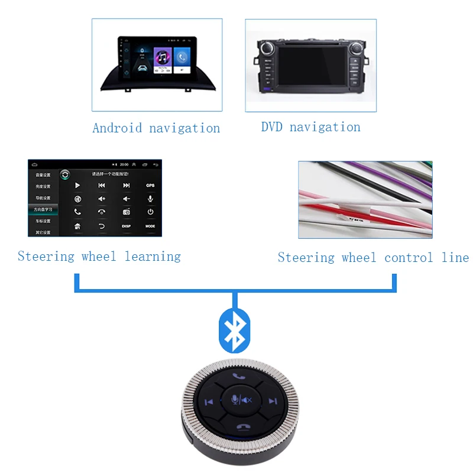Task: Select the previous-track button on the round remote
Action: [209, 402]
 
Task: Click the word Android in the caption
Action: [118, 128]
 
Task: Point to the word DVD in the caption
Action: [272, 127]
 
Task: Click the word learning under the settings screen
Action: [153, 256]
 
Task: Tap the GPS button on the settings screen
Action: [150, 186]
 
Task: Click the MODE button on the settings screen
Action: [150, 226]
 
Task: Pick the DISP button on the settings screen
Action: [126, 226]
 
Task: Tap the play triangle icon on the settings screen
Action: [77, 186]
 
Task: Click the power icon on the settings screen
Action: [150, 212]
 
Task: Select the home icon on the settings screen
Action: [77, 226]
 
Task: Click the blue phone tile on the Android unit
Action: [182, 57]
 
